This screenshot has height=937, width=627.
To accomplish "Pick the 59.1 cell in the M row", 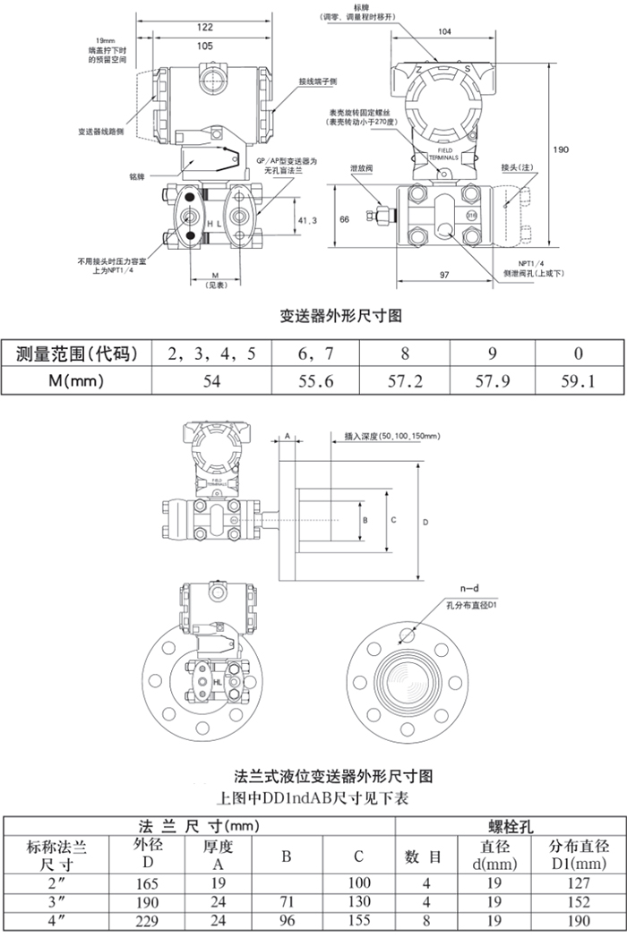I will (x=578, y=381).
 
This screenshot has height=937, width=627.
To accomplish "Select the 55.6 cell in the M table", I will (x=315, y=381).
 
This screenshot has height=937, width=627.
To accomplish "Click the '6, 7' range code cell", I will (x=315, y=353).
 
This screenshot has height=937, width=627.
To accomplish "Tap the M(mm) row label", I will (x=77, y=381).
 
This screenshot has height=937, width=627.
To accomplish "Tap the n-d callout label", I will (x=457, y=588).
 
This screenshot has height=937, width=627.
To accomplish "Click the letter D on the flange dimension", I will (x=425, y=521).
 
